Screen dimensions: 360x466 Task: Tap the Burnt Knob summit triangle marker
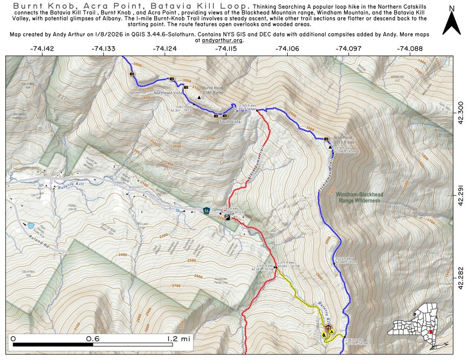[199, 97]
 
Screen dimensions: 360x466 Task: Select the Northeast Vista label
[168, 93]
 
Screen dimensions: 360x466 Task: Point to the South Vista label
[230, 122]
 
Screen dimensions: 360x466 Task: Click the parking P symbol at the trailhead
[227, 218]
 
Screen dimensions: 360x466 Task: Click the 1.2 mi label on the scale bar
[178, 339]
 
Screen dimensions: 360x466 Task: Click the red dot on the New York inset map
[431, 332]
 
